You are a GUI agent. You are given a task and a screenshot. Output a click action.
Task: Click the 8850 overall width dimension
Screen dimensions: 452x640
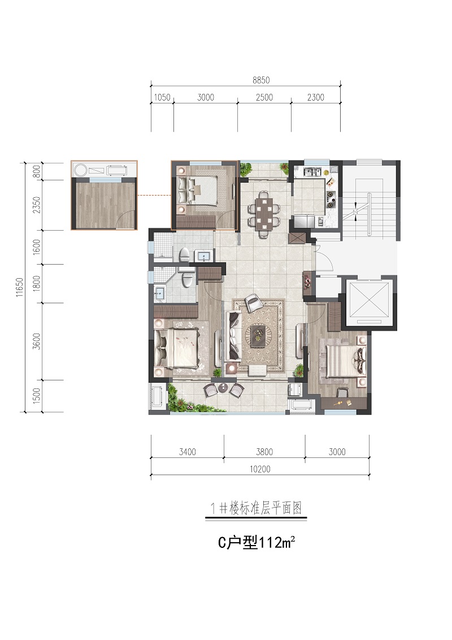pyautogui.click(x=261, y=80)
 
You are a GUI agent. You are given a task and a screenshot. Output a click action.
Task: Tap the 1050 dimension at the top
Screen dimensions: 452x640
pyautogui.click(x=162, y=98)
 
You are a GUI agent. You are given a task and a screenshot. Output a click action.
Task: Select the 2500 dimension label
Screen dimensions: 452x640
pyautogui.click(x=264, y=98)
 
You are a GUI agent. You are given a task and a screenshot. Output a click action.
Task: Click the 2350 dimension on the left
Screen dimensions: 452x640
pyautogui.click(x=37, y=205)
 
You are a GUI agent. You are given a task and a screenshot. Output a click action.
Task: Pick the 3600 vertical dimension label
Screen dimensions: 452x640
pyautogui.click(x=37, y=341)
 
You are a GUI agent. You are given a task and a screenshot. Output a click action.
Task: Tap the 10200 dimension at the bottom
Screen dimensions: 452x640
pyautogui.click(x=260, y=469)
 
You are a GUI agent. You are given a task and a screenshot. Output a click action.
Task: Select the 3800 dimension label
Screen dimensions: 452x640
pyautogui.click(x=264, y=452)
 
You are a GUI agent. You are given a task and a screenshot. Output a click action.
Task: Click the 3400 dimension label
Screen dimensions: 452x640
pyautogui.click(x=187, y=452)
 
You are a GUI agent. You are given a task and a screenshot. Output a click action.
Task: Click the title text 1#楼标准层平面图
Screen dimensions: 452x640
pyautogui.click(x=256, y=509)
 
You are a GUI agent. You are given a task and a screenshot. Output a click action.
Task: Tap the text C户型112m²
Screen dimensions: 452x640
pyautogui.click(x=256, y=543)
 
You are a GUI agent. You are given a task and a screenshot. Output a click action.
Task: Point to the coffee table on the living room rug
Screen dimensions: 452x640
pyautogui.click(x=258, y=335)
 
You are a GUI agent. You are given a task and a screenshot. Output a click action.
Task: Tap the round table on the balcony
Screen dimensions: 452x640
pyautogui.click(x=224, y=387)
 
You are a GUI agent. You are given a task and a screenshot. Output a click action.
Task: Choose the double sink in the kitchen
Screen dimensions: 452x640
pyautogui.click(x=312, y=171)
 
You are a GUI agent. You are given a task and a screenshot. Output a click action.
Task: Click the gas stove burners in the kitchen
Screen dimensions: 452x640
pyautogui.click(x=331, y=197)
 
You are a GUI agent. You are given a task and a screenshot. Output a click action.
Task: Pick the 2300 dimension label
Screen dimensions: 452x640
pyautogui.click(x=316, y=98)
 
